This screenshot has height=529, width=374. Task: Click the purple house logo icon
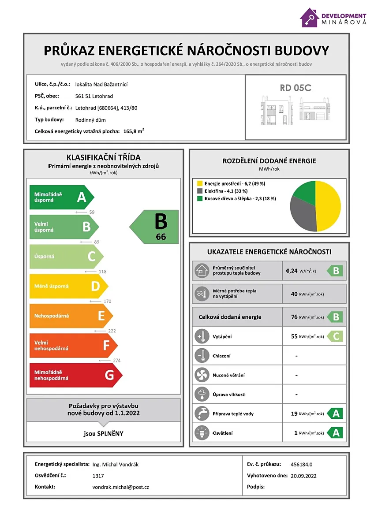coord(310,18)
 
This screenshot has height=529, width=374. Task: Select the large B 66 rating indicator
coord(155,227)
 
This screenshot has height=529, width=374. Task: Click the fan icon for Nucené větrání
coord(202,375)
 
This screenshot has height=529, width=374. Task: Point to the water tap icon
coord(202,414)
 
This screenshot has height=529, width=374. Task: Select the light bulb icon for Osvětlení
coord(202,433)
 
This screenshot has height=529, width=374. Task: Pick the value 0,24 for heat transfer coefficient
coord(292,271)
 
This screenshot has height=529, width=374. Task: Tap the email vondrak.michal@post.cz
coord(121,487)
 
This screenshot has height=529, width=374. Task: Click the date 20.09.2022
coord(304,476)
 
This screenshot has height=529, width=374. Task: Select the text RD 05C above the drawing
coord(295,88)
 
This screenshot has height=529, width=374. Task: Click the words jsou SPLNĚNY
coord(104,433)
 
